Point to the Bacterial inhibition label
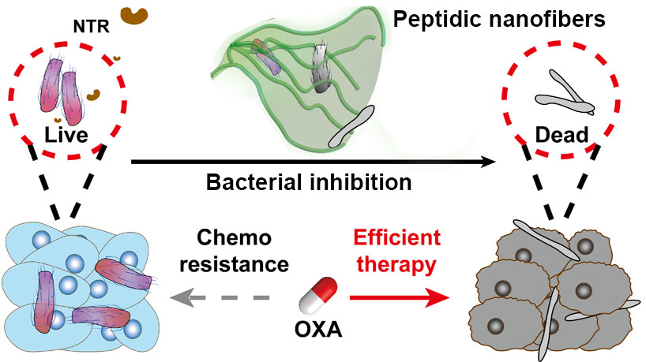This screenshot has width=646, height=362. coord(309,184)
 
